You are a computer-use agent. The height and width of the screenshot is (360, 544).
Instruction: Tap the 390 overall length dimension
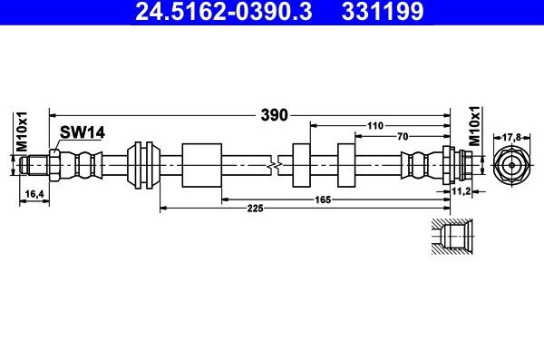click(x=275, y=115)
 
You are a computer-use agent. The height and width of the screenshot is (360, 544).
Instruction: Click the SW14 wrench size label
click(x=83, y=132)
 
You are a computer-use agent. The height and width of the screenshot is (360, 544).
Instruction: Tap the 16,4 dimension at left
click(x=32, y=194)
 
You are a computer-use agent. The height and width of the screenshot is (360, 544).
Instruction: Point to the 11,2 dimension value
click(x=461, y=193)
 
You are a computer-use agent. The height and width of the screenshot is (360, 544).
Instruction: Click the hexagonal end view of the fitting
click(x=511, y=166)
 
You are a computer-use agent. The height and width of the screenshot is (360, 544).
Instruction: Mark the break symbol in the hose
click(x=276, y=165)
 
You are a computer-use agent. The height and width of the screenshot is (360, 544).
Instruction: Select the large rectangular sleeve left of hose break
click(x=201, y=165)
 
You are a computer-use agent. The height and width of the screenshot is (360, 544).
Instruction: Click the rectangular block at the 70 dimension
click(x=346, y=165)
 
